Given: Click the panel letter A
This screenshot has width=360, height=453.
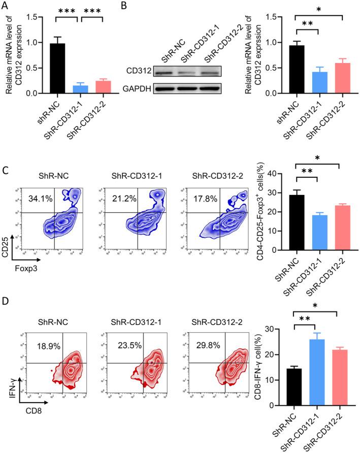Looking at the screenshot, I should coord(6,6).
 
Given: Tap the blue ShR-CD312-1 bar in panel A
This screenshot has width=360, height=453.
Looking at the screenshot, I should coord(80,89).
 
